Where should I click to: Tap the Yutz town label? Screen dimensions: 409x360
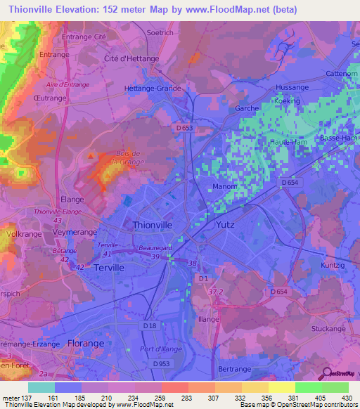pyautogui.click(x=224, y=226)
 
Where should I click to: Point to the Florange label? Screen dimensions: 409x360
pyautogui.click(x=86, y=343)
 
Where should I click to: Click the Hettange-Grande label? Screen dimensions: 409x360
pyautogui.click(x=153, y=89)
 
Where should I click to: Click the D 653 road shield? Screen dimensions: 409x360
pyautogui.click(x=184, y=129)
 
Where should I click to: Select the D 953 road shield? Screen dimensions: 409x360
pyautogui.click(x=179, y=363)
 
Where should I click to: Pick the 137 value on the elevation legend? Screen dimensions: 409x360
pyautogui.click(x=21, y=398)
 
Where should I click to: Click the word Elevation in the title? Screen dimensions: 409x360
pyautogui.click(x=84, y=9)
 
